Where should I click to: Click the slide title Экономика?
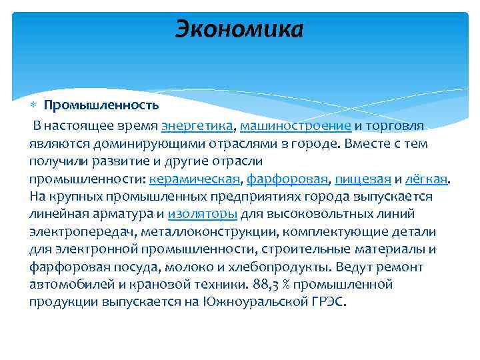pyautogui.click(x=239, y=29)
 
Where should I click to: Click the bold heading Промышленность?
pyautogui.click(x=101, y=105)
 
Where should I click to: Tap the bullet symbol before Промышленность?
pyautogui.click(x=35, y=105)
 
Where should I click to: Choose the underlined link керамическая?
pyautogui.click(x=195, y=179)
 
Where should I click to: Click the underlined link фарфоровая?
pyautogui.click(x=287, y=179)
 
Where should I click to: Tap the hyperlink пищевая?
pyautogui.click(x=363, y=179)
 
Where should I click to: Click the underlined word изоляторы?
pyautogui.click(x=203, y=214)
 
